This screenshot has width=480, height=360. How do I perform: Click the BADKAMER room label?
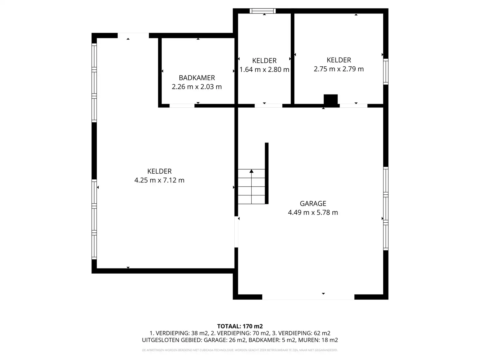197,78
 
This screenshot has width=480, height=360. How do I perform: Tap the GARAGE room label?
313,203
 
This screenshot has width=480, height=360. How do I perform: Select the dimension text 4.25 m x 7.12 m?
159,180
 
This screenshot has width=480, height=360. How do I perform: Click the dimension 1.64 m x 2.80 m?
264,70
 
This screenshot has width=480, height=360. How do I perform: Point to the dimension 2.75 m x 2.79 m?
339,69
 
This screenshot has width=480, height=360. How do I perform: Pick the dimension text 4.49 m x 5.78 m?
313,212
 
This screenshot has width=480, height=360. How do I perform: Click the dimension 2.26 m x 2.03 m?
197,87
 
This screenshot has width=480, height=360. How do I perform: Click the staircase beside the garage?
251,187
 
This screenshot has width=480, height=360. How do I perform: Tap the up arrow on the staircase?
251,171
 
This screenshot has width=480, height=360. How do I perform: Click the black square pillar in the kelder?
331,100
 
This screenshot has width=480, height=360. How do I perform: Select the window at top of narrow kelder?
262,11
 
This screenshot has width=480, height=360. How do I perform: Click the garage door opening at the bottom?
308,297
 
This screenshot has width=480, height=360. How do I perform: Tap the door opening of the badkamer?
182,106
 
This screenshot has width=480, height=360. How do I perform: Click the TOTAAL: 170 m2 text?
240,326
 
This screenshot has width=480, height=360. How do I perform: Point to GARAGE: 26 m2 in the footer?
225,340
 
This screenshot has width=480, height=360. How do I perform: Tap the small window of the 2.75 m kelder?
386,71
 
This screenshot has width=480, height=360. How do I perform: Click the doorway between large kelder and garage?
236,232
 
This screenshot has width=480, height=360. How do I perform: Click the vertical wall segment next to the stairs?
266,173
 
